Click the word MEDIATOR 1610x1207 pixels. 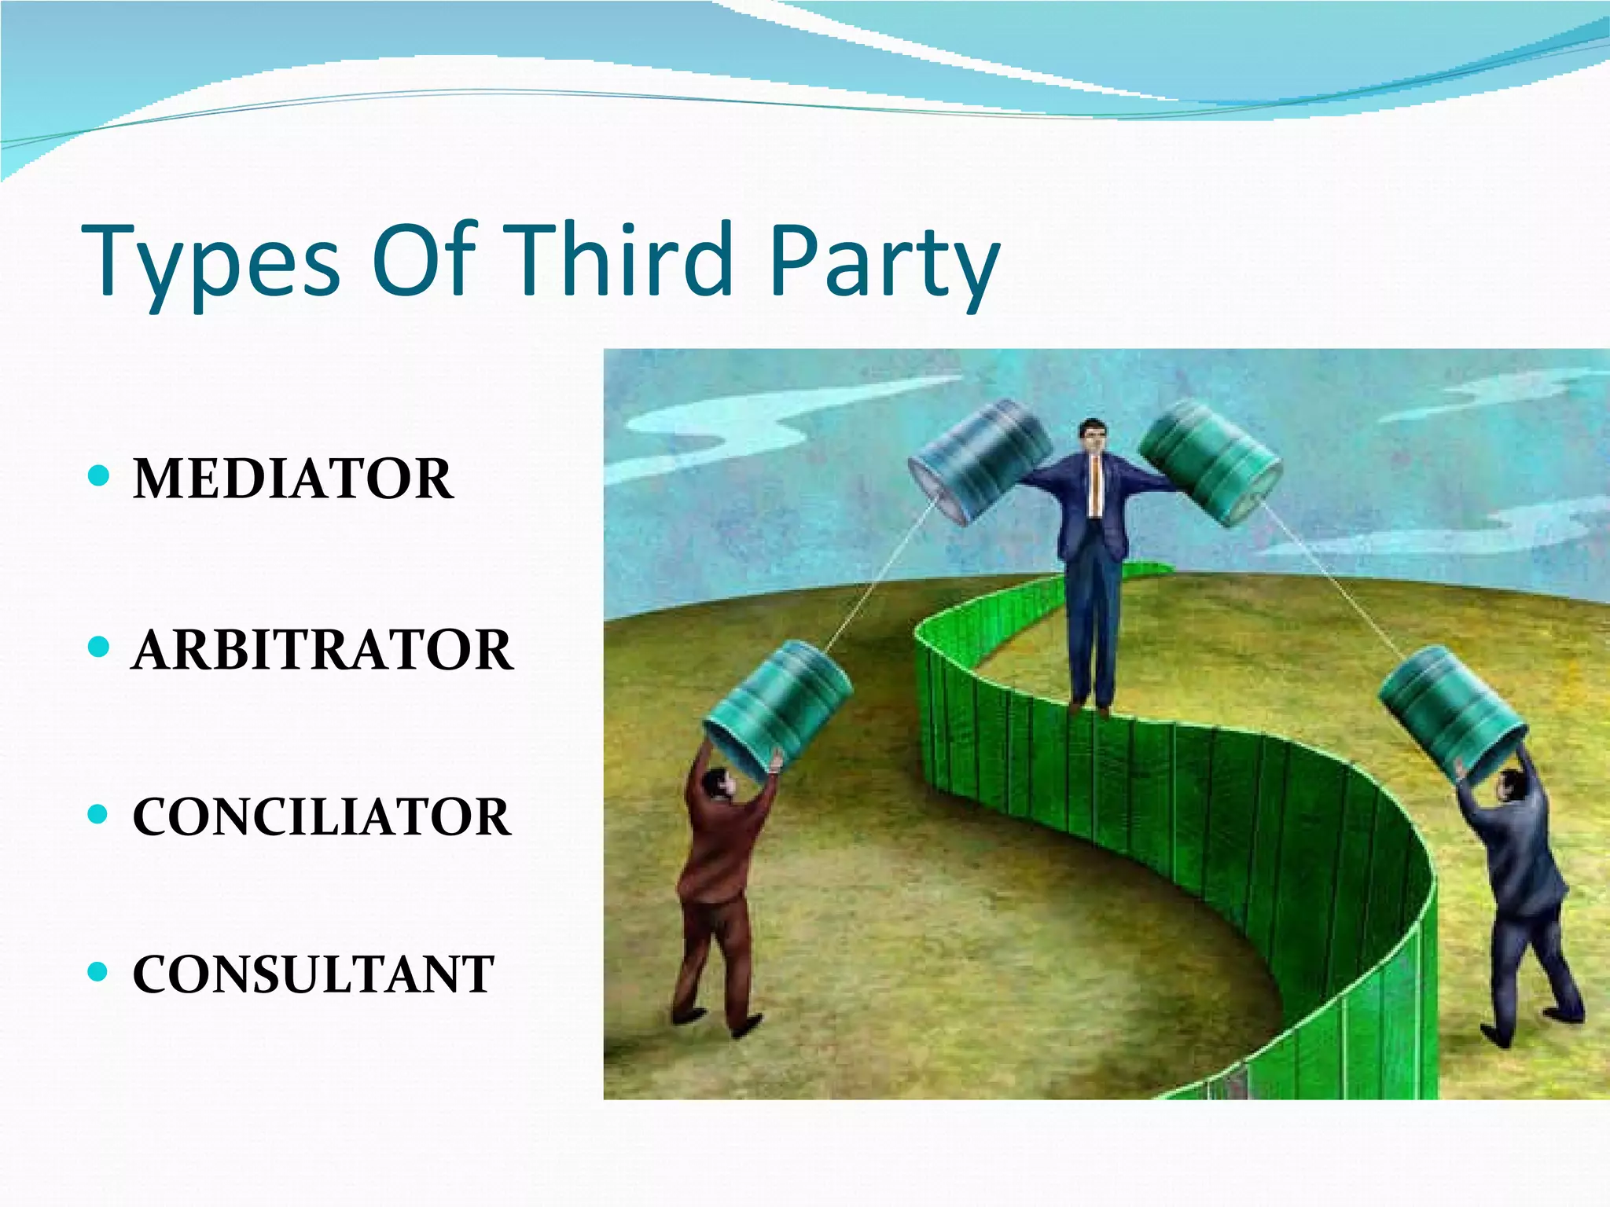292,479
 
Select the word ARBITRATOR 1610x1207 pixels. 322,650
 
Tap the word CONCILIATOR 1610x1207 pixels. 322,816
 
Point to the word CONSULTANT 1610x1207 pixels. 313,974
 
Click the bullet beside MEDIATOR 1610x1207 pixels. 98,475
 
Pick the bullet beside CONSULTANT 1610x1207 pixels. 98,972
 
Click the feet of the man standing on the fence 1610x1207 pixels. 1090,707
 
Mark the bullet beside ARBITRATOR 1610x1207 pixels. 98,647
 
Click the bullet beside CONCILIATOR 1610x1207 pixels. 98,813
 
